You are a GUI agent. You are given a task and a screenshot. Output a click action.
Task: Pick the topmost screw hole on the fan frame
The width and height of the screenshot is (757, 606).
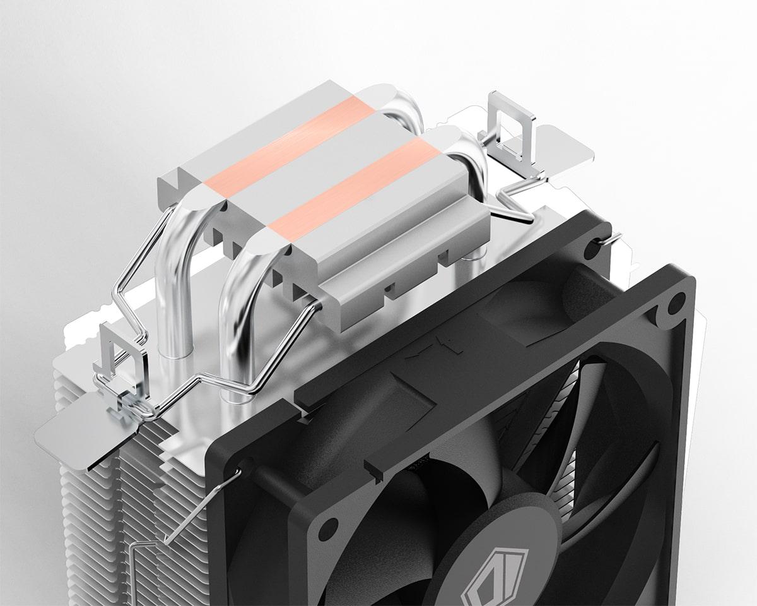[x=592, y=251]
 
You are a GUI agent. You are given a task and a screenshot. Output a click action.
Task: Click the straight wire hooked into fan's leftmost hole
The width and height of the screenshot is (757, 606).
[x=202, y=505]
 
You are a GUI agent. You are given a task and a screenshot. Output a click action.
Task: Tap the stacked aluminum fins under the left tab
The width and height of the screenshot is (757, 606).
[x=95, y=505]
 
